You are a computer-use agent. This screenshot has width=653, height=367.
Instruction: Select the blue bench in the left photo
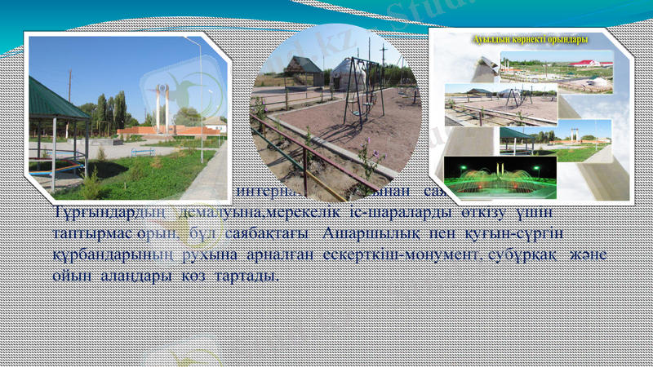pos(142,152)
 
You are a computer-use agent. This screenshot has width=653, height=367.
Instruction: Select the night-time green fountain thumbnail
pos(500,178)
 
